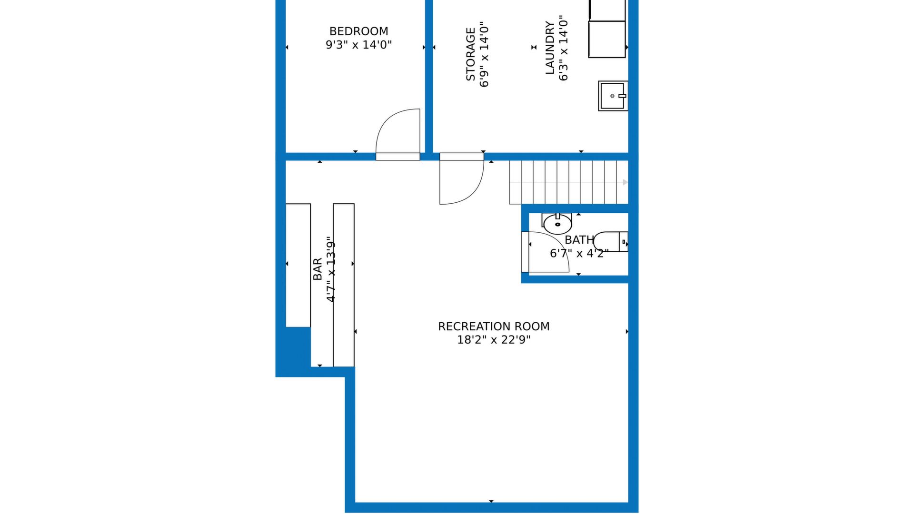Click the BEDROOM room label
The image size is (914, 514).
click(358, 31)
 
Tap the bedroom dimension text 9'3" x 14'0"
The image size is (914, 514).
click(358, 45)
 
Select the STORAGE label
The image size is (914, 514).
click(470, 54)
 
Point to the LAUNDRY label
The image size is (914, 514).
click(550, 48)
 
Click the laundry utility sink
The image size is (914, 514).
click(613, 96)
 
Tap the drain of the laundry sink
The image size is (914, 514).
click(612, 96)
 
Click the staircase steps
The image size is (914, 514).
click(569, 182)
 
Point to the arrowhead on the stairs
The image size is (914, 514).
click(626, 182)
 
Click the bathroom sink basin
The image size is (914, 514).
click(557, 224)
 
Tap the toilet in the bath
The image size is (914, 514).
click(611, 242)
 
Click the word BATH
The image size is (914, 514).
click(579, 240)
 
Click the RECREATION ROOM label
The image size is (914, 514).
click(494, 326)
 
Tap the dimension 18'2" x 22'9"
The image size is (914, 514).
click(494, 340)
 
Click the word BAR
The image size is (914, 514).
click(318, 269)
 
